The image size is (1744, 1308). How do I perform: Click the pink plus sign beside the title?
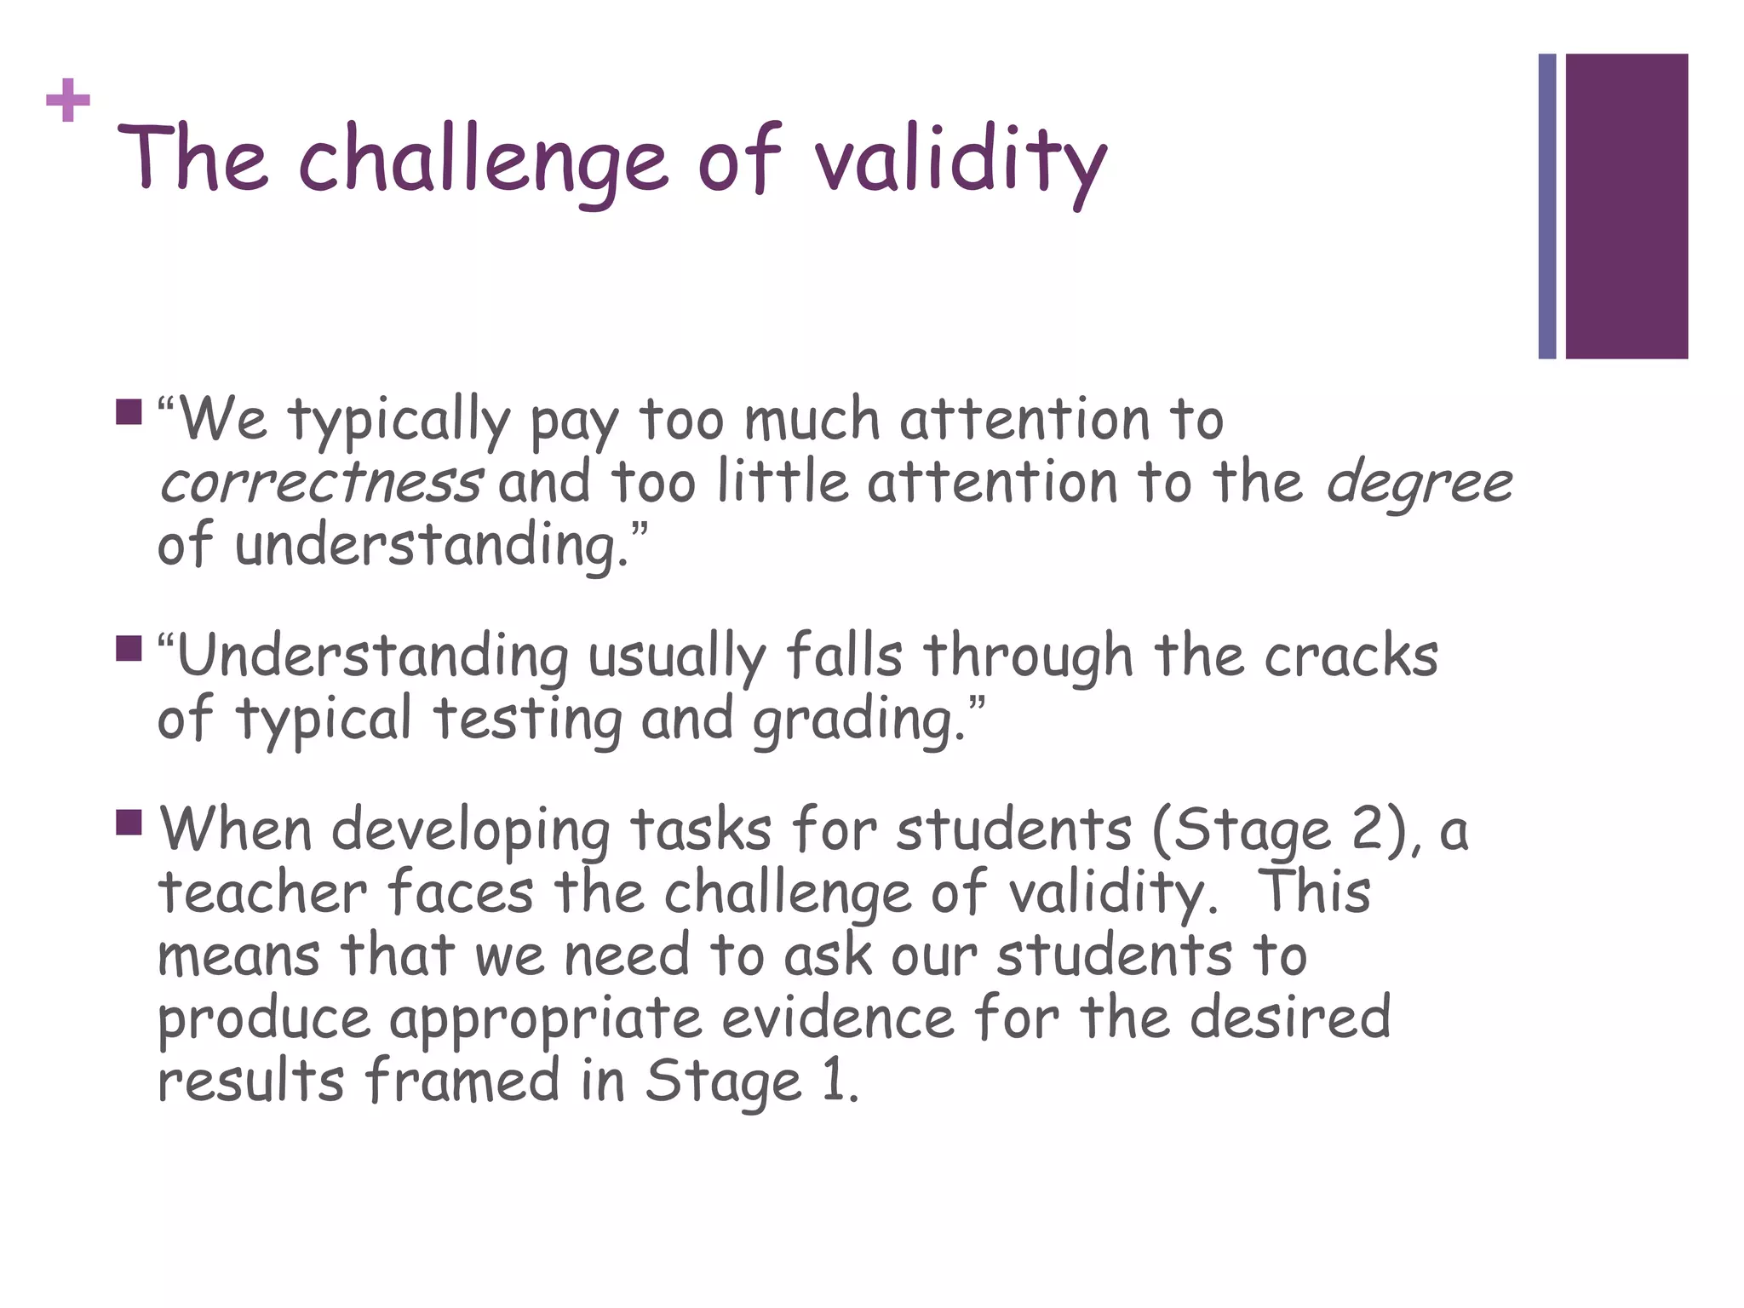[x=68, y=101]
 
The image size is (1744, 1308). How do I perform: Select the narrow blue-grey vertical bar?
[x=1546, y=206]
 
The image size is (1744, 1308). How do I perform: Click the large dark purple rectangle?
[x=1626, y=206]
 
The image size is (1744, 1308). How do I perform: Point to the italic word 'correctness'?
[x=321, y=482]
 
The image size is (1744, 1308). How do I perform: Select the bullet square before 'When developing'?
[x=129, y=823]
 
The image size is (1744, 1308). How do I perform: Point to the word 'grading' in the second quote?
[x=855, y=720]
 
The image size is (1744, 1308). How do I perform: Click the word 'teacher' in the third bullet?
[x=262, y=892]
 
